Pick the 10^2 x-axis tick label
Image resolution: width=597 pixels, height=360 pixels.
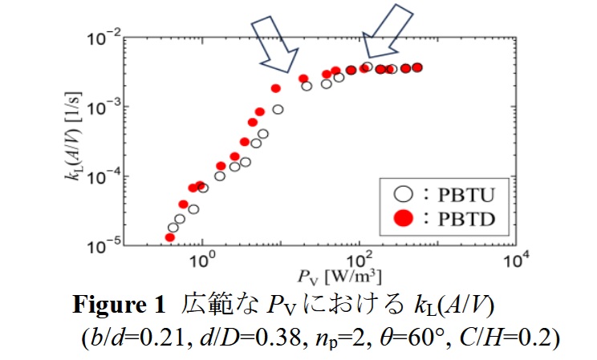coord(359,261)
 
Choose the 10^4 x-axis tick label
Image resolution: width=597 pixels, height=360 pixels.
coord(514,261)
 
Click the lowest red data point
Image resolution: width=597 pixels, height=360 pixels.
coord(170,237)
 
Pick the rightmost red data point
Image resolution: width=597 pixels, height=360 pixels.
coord(416,67)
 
